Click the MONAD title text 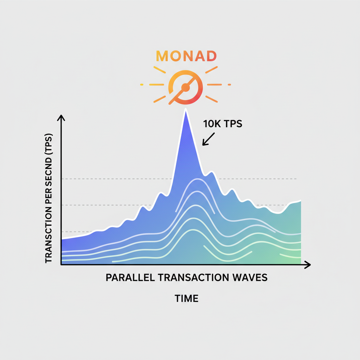coord(186,56)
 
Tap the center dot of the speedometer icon coord(186,85)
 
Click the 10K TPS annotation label coord(223,124)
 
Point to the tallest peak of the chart coord(185,110)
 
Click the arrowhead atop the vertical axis coord(62,117)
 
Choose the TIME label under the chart coord(186,299)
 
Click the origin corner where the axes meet coord(62,265)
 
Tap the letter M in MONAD coord(162,56)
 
